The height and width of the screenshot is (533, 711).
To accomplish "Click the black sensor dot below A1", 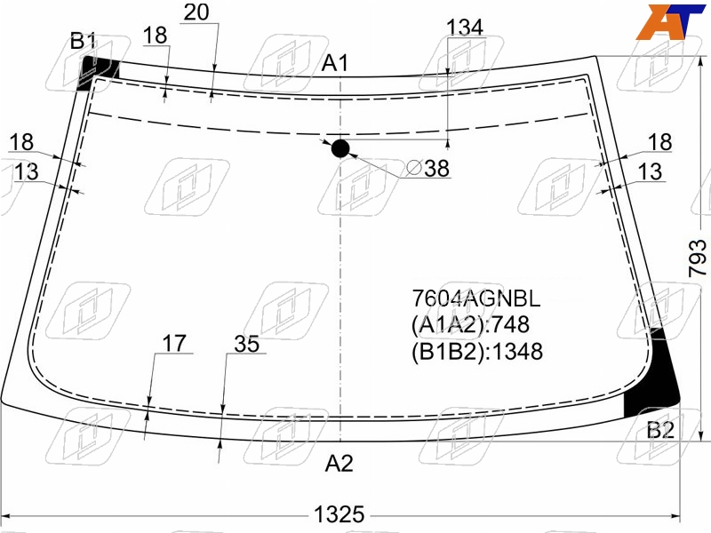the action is (340, 148).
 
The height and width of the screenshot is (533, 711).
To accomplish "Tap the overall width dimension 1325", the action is (340, 514).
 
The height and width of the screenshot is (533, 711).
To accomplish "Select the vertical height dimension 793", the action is (698, 259).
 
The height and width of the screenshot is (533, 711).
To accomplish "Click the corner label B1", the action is (83, 41).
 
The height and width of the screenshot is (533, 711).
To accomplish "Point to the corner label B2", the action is (660, 430).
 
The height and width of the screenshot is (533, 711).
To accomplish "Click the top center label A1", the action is (335, 62).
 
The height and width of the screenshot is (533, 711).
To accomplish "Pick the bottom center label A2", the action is (340, 463).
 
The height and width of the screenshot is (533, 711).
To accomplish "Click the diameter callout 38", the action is (427, 168).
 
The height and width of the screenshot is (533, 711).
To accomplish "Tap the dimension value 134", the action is (465, 28).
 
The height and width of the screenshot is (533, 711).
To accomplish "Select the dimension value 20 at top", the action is (196, 12).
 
